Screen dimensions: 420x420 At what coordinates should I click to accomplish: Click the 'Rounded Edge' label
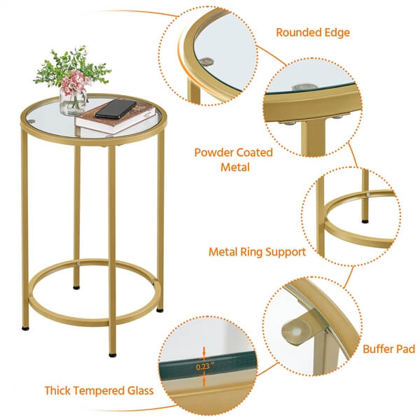pos(312,32)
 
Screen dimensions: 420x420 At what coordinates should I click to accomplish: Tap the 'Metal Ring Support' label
pos(256,251)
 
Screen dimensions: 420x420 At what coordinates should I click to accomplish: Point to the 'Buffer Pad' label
pos(388,349)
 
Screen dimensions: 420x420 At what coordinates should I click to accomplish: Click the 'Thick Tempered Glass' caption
pos(99,391)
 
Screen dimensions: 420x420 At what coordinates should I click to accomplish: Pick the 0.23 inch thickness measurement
pos(203,365)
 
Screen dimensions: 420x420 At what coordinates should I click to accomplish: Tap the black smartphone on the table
pos(116,108)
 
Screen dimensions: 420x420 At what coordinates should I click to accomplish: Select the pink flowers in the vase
pos(75,83)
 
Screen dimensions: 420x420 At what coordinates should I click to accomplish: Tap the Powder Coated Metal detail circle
pos(312,105)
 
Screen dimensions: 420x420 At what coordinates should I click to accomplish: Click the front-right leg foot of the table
pos(113,353)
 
